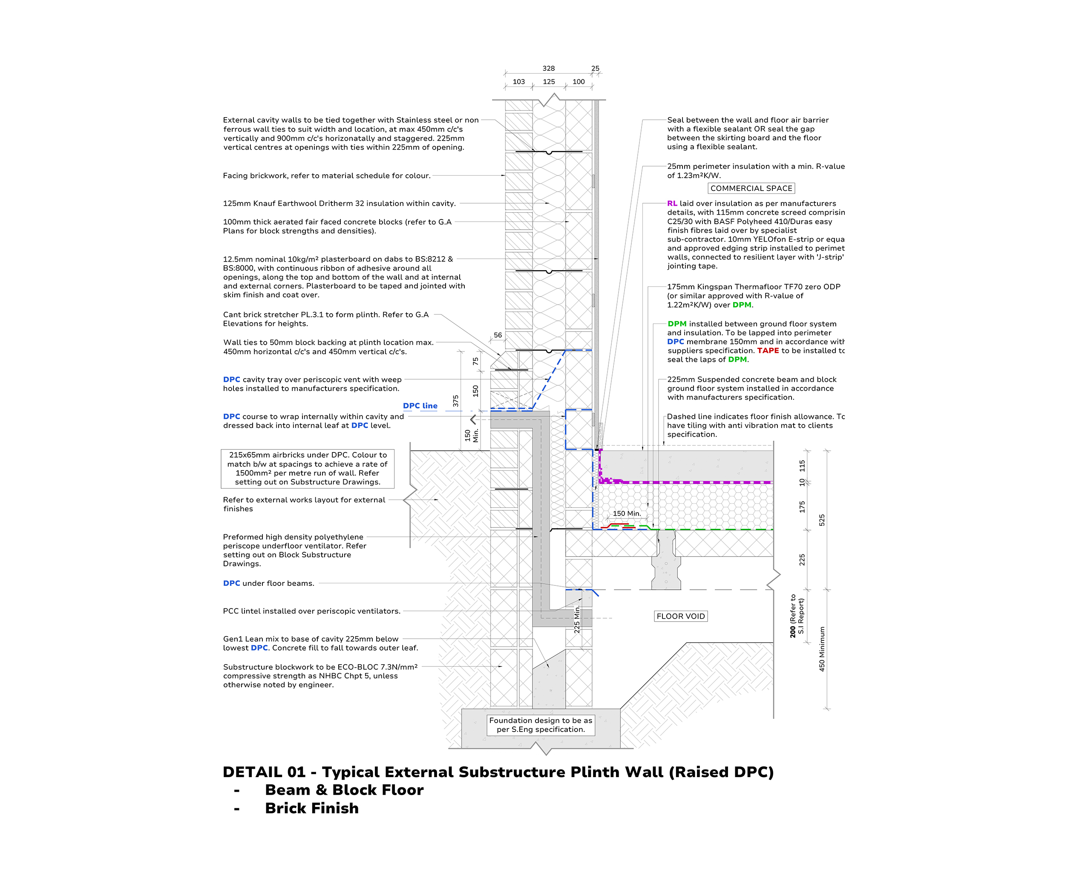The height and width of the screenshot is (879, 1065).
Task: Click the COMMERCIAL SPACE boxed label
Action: [x=751, y=188]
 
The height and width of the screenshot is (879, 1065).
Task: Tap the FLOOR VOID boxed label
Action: [x=680, y=616]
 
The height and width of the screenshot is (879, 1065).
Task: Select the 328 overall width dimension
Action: [x=548, y=68]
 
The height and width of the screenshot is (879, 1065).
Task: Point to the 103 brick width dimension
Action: [x=518, y=81]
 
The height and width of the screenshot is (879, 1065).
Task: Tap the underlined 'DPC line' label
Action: [x=420, y=406]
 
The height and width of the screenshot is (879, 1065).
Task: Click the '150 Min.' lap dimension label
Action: [x=627, y=513]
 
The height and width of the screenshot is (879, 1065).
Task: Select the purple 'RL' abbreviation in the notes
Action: [x=672, y=204]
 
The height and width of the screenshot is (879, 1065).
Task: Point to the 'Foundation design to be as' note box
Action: [x=541, y=725]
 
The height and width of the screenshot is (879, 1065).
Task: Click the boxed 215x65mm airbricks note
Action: [x=307, y=468]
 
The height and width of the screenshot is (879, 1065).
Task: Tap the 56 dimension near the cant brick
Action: [x=498, y=335]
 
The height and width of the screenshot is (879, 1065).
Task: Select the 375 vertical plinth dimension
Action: [x=455, y=401]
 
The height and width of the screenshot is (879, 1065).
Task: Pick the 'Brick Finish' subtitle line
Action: [x=311, y=808]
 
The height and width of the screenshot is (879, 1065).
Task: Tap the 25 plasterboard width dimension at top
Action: [x=595, y=68]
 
